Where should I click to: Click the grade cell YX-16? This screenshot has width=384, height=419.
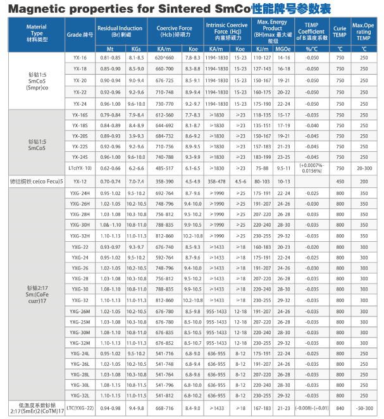pyautogui.click(x=80, y=58)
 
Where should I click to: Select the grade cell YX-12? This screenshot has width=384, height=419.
pyautogui.click(x=80, y=181)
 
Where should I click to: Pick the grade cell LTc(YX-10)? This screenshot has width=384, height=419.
pyautogui.click(x=80, y=169)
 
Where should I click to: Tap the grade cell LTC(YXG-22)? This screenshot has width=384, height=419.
pyautogui.click(x=80, y=408)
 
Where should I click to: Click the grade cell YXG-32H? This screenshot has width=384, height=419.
pyautogui.click(x=80, y=235)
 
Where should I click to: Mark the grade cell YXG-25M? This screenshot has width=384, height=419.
pyautogui.click(x=80, y=322)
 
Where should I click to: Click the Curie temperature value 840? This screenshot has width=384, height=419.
pyautogui.click(x=340, y=408)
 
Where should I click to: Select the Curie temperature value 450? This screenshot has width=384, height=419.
pyautogui.click(x=340, y=181)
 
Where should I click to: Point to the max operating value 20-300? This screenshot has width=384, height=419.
pyautogui.click(x=364, y=169)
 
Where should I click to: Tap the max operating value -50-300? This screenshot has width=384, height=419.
pyautogui.click(x=364, y=408)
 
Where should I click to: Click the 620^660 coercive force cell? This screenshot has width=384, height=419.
pyautogui.click(x=164, y=58)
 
